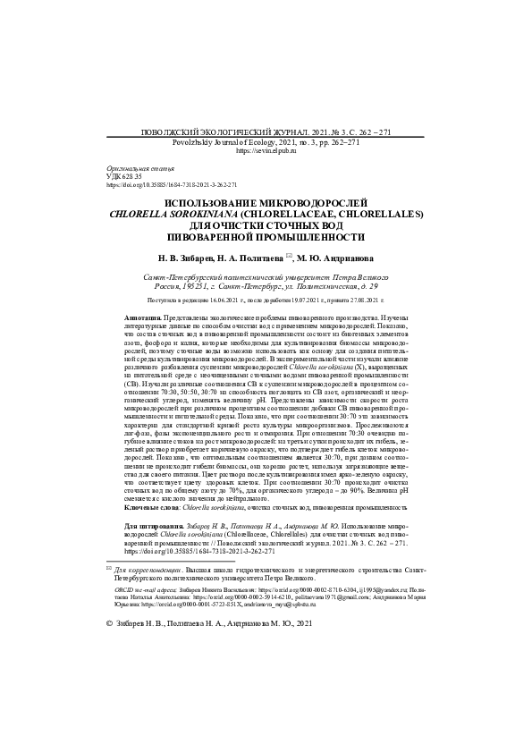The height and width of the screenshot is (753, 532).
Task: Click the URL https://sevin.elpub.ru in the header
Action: [266, 152]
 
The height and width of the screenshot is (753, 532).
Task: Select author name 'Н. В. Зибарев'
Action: [183, 258]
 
